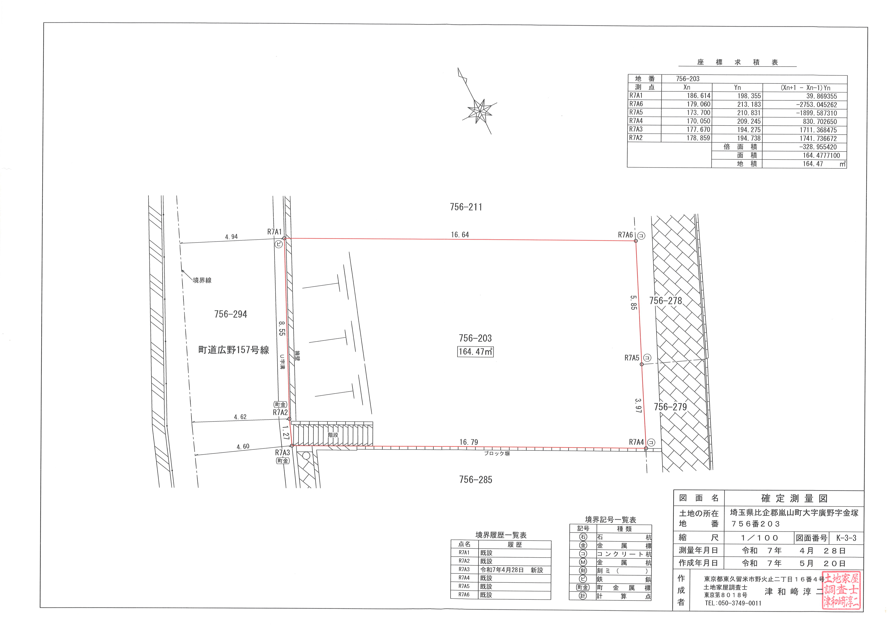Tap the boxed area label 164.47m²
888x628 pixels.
tap(475, 352)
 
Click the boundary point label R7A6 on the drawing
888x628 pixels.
tap(625, 235)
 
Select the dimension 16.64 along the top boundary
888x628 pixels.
tap(460, 234)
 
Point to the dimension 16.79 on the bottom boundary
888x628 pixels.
tap(469, 442)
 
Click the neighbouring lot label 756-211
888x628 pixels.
tap(466, 207)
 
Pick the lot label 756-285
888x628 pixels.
tap(476, 480)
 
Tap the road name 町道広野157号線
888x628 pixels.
tap(234, 350)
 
